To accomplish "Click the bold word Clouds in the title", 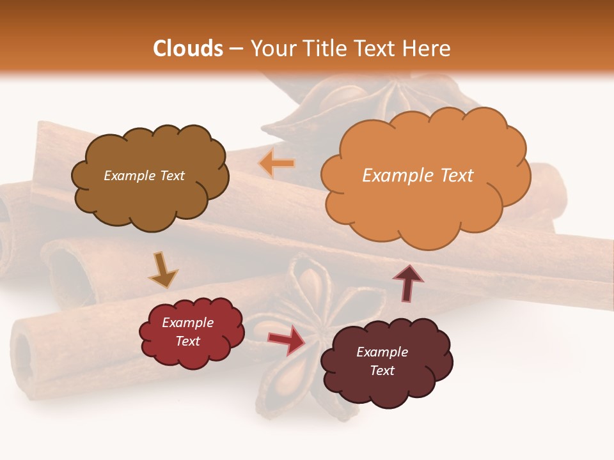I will [188, 49].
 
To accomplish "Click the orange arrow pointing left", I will [277, 164].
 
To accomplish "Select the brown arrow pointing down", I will [163, 270].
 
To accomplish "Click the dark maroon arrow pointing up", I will [407, 283].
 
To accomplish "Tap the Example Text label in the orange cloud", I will [418, 175].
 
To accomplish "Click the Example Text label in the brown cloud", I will [144, 176].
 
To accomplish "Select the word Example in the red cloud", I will [187, 323].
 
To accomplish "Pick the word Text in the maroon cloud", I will [382, 371].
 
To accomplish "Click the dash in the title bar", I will [235, 49].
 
